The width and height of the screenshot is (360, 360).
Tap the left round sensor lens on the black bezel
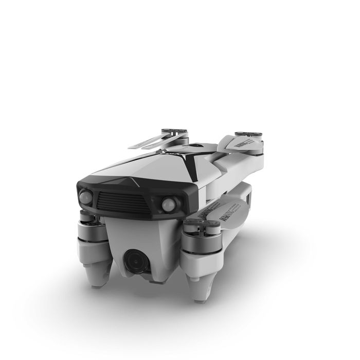(x=85, y=196)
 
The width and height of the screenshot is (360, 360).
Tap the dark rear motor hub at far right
(x=249, y=139)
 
